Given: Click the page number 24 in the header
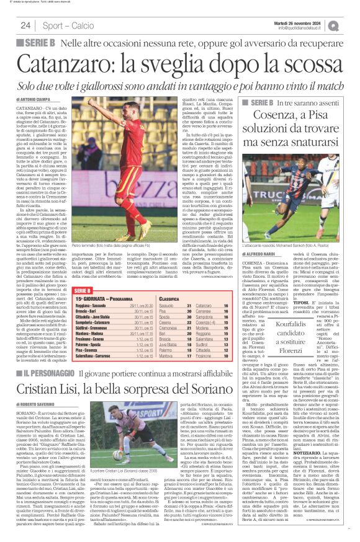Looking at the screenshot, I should pos(26,25).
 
